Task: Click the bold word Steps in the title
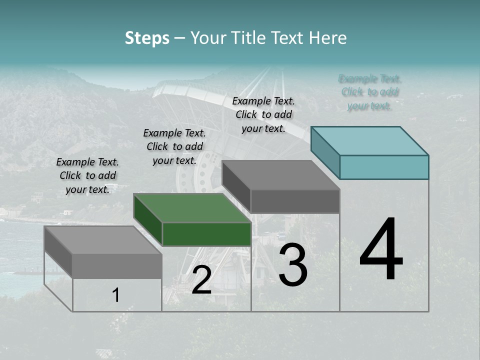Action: [147, 38]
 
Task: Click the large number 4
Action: [381, 249]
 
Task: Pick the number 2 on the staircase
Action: [201, 280]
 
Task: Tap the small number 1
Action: [116, 295]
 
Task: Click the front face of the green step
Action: [206, 234]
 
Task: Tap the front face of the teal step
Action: [384, 167]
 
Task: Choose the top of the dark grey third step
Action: [281, 175]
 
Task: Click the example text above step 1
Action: [87, 175]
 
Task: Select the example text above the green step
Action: [174, 146]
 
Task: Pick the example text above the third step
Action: [263, 114]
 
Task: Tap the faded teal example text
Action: [370, 92]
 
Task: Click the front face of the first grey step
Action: [117, 266]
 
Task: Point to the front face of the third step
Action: [295, 201]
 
